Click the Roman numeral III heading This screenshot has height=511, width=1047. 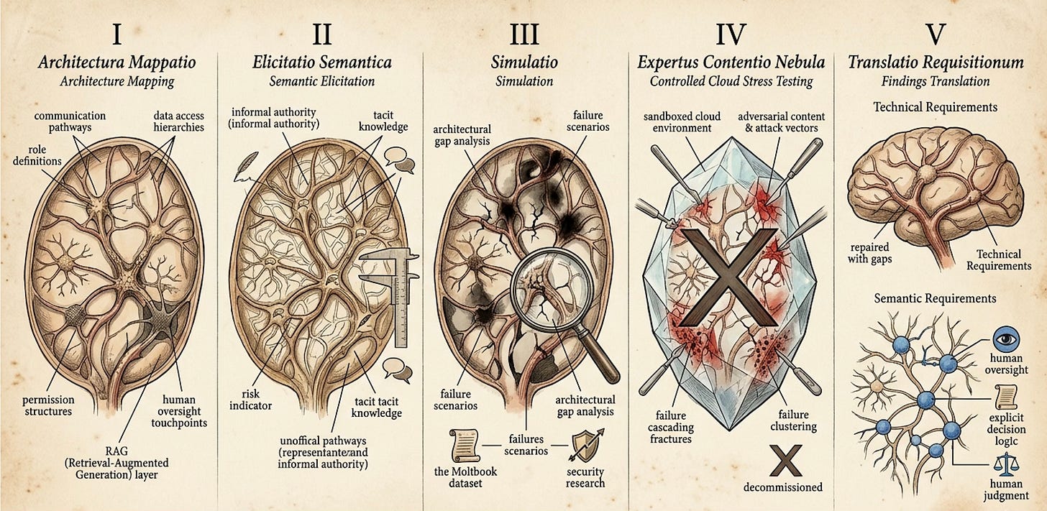tap(523, 34)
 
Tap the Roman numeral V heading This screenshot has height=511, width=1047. tap(936, 34)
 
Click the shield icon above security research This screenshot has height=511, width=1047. tap(584, 444)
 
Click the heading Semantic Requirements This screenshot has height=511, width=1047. tap(935, 298)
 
